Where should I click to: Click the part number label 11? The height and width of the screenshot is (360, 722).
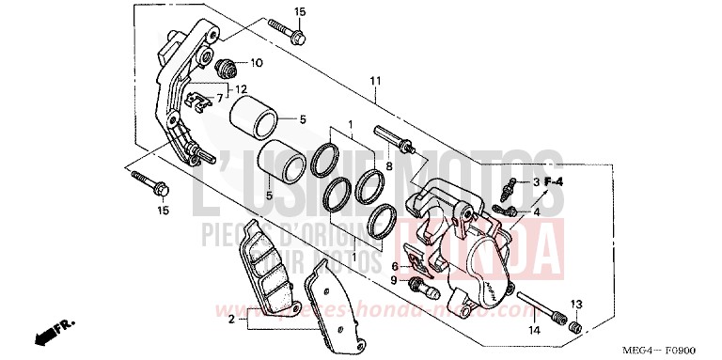pyautogui.click(x=374, y=80)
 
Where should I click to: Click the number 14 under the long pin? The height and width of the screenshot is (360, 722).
pyautogui.click(x=532, y=332)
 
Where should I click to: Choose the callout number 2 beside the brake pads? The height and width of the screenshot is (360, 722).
pyautogui.click(x=229, y=320)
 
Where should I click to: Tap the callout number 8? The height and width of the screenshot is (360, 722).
pyautogui.click(x=387, y=165)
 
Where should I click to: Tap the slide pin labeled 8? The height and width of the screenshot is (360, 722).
pyautogui.click(x=396, y=140)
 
